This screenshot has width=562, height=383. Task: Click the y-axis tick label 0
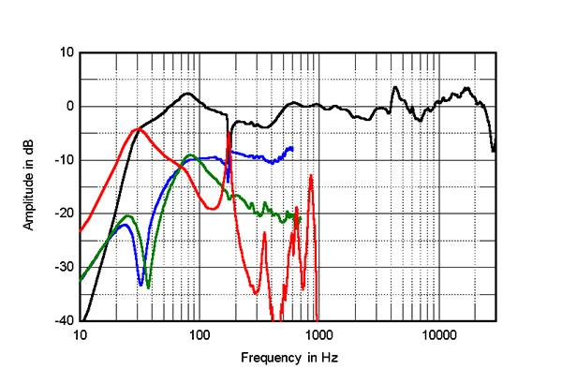69,106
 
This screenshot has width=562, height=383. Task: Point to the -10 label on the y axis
64,160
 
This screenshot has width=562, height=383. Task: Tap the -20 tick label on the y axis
64,214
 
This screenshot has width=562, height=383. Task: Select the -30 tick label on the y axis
64,267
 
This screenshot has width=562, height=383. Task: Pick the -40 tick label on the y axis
64,320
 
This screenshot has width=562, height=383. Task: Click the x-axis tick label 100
200,334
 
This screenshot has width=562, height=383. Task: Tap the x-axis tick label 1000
318,334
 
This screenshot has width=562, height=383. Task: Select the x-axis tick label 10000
437,334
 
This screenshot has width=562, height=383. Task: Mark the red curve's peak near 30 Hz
138,128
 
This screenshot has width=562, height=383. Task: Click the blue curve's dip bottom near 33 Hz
140,285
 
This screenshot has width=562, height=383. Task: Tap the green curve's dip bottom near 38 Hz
148,287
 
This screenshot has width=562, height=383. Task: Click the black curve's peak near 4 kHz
395,87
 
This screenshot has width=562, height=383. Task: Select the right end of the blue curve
292,148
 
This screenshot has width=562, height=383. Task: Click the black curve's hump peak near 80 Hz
187,94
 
